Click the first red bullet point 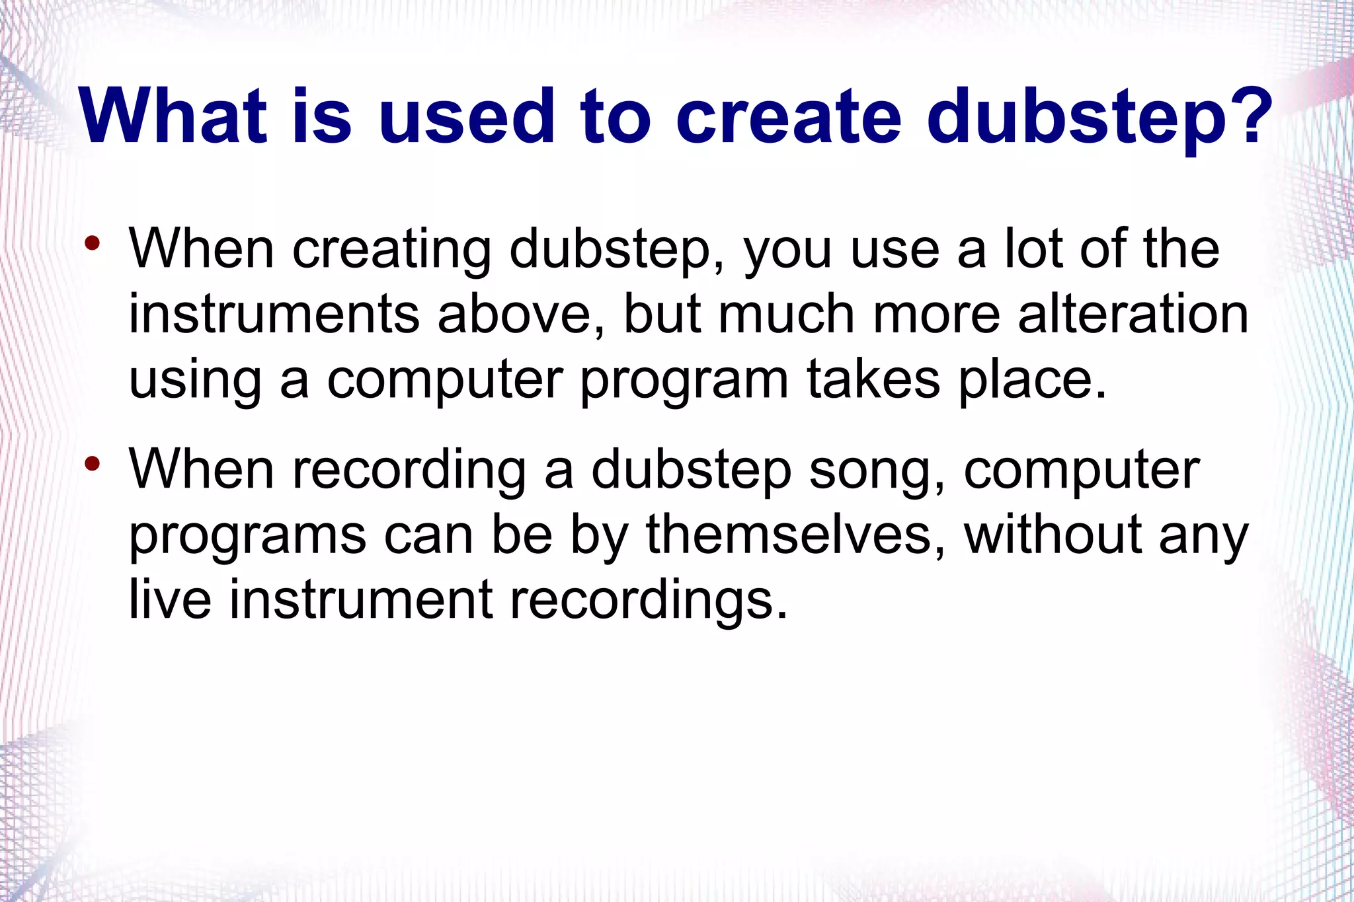[93, 243]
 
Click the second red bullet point [93, 463]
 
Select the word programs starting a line [247, 537]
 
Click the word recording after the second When [409, 471]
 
